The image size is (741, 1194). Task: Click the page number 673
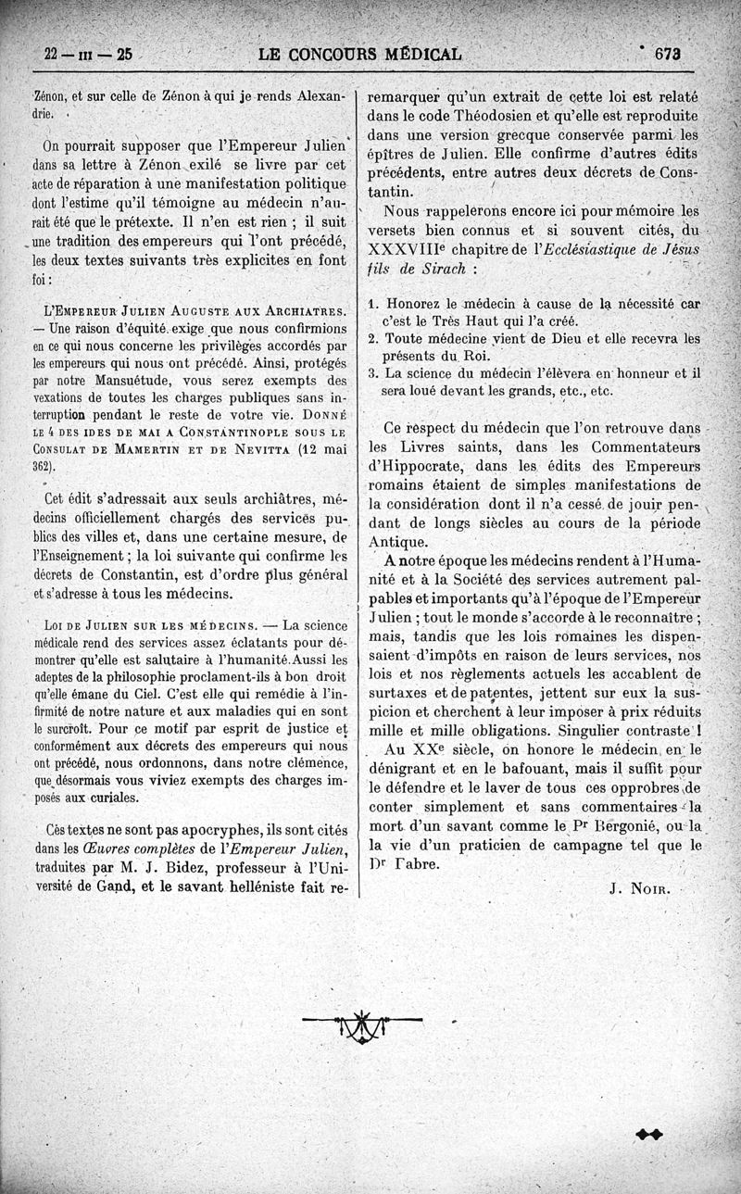667,54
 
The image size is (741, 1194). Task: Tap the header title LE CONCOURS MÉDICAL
360,54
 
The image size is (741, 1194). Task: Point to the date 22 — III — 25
88,55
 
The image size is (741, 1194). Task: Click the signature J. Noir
645,889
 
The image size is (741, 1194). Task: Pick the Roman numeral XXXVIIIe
407,250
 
